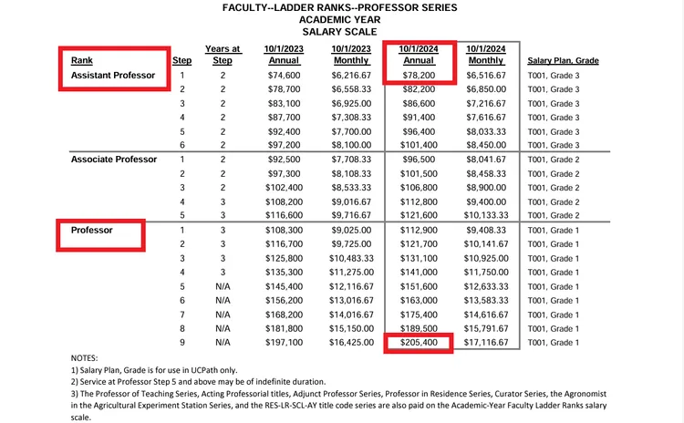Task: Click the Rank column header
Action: pyautogui.click(x=82, y=60)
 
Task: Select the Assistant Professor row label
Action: pyautogui.click(x=113, y=75)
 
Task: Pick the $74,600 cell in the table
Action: pyautogui.click(x=283, y=75)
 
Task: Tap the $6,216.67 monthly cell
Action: pyautogui.click(x=351, y=75)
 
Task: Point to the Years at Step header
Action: pyautogui.click(x=223, y=54)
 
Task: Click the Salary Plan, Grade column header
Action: pyautogui.click(x=563, y=60)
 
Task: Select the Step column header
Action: pyautogui.click(x=181, y=60)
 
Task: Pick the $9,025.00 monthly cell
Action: pyautogui.click(x=351, y=231)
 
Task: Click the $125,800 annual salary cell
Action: pyautogui.click(x=283, y=259)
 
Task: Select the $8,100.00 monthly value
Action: pyautogui.click(x=351, y=145)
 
